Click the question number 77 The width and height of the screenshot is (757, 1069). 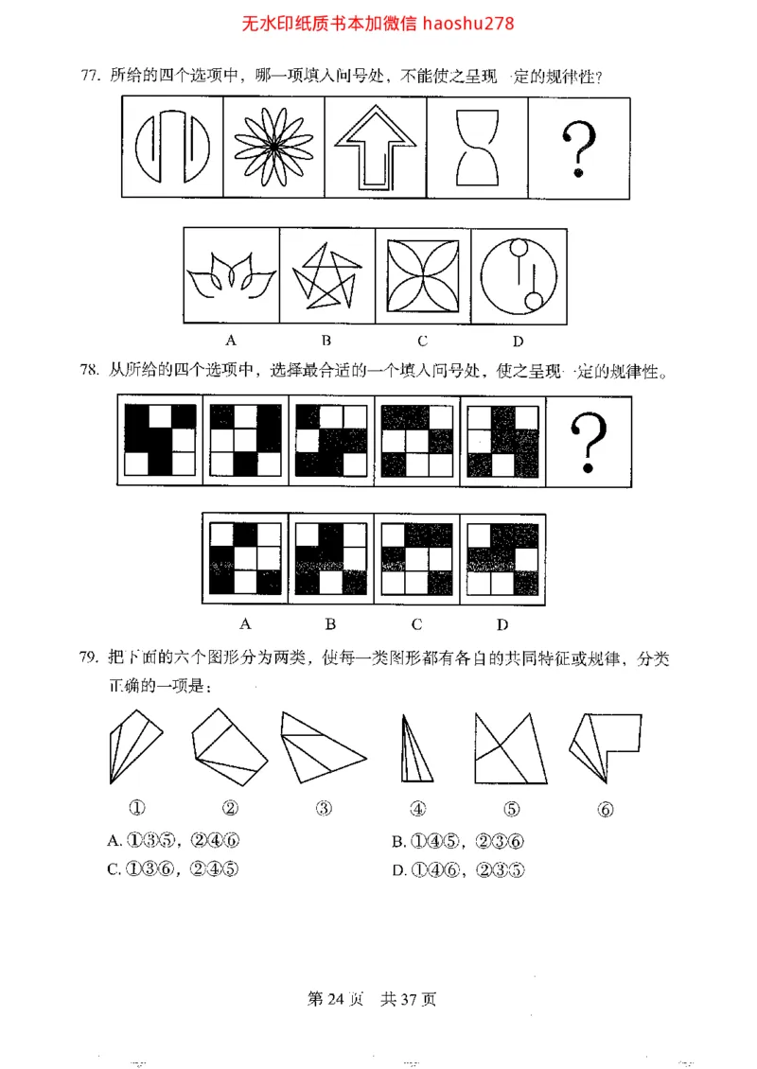click(x=90, y=76)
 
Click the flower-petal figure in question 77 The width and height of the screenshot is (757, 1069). click(x=273, y=149)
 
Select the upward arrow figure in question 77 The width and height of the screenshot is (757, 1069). click(x=376, y=149)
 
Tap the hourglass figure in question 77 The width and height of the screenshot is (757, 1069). click(x=478, y=149)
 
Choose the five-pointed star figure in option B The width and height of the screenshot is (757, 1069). click(x=326, y=277)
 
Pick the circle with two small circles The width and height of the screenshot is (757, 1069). click(x=518, y=275)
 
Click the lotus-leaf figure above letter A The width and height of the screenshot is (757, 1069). click(x=230, y=276)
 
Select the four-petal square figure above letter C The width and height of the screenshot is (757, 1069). click(x=422, y=276)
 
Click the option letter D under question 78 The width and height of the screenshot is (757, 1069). click(x=502, y=623)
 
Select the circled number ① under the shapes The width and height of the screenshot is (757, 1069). click(x=137, y=809)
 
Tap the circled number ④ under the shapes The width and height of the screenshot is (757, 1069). click(x=417, y=809)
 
